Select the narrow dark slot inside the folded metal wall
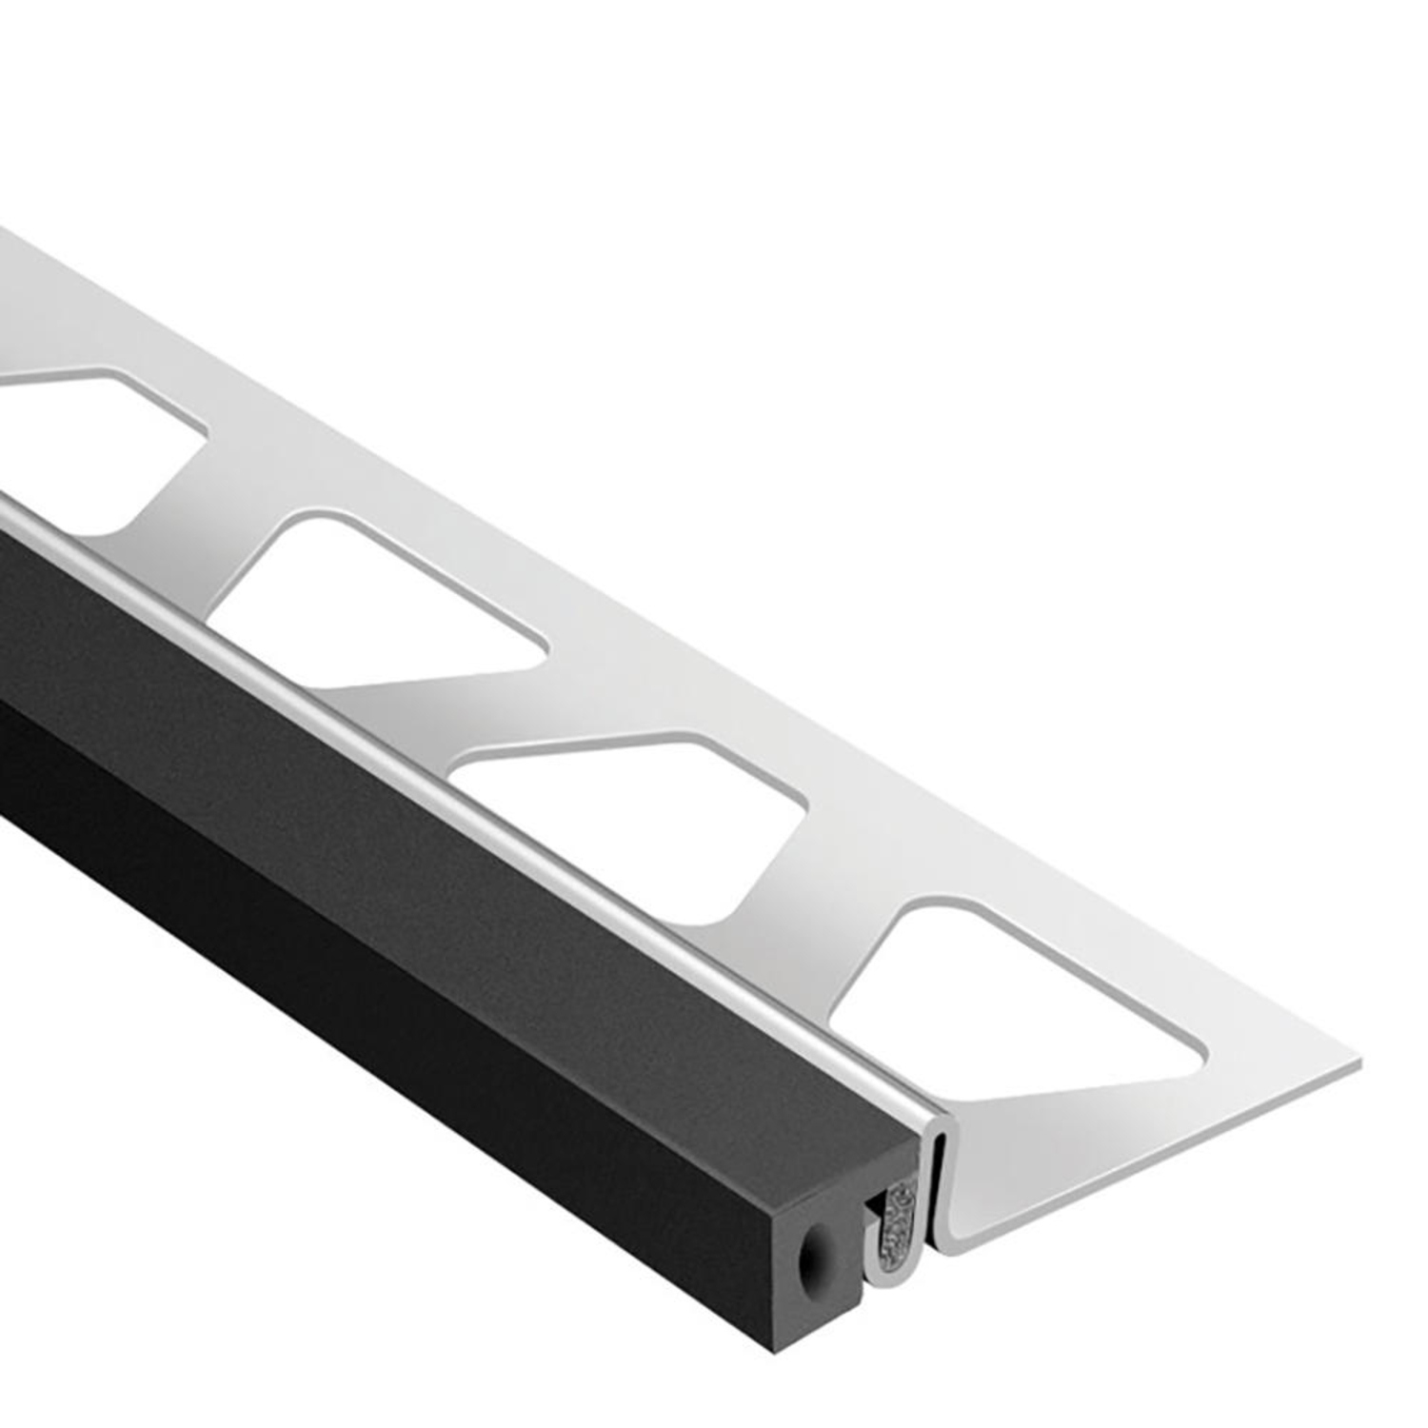tap(928, 1190)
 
